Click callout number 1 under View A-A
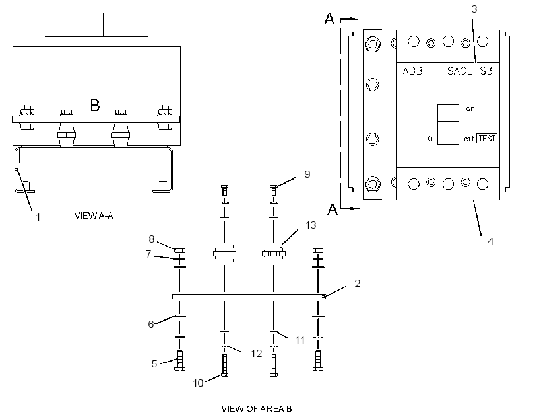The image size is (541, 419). [38, 217]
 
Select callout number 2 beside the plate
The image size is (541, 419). [358, 283]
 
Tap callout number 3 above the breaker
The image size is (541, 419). [474, 9]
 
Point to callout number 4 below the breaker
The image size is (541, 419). [490, 242]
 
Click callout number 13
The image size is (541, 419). [311, 225]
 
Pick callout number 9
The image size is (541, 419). [307, 174]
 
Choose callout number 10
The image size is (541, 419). [198, 383]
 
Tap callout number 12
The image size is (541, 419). [257, 354]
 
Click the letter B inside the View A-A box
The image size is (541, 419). [95, 105]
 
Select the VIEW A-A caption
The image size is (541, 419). [94, 215]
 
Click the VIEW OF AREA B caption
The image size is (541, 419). [257, 409]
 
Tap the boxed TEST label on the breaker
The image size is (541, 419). [487, 138]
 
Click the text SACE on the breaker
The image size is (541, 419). [460, 71]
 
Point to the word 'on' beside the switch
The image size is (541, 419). [470, 108]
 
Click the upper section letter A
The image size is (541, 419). [329, 19]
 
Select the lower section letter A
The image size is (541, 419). [333, 209]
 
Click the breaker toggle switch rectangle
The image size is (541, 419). [448, 124]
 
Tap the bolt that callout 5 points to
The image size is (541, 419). [179, 361]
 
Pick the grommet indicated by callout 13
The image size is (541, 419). [274, 253]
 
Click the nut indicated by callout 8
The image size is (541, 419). [180, 250]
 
